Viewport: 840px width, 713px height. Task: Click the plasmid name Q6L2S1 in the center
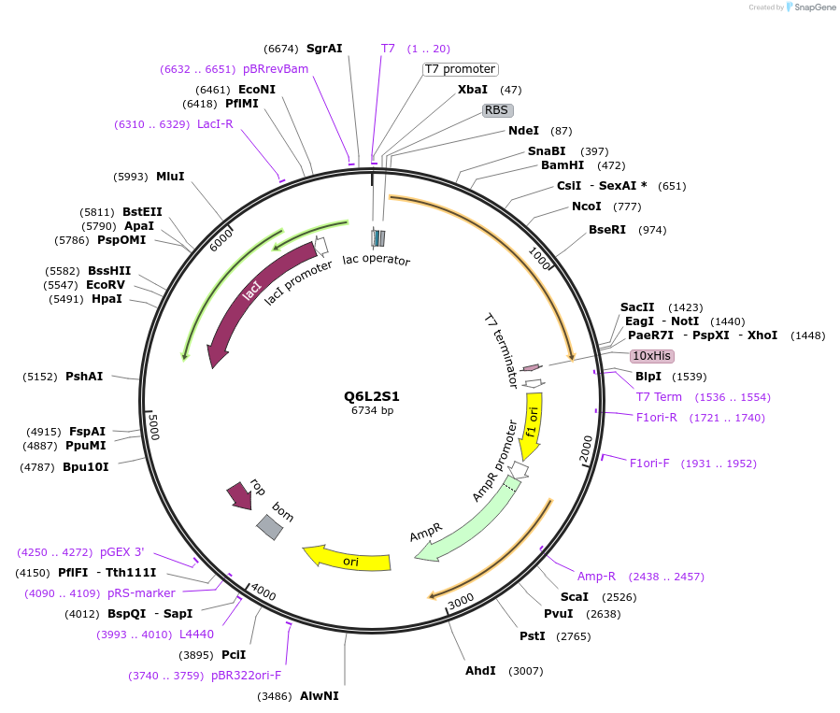tap(372, 396)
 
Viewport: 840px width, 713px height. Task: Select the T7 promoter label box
tap(460, 69)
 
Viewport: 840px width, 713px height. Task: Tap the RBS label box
tap(497, 110)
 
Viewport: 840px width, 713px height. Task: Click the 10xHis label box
tap(651, 356)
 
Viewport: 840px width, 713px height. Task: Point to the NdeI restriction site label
tap(523, 131)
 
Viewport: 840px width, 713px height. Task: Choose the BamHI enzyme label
tap(562, 165)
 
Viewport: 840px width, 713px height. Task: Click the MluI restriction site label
tap(170, 177)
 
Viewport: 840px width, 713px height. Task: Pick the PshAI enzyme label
tap(84, 377)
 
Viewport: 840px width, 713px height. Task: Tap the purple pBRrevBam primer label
tap(276, 69)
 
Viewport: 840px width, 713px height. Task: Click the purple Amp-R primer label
tap(596, 577)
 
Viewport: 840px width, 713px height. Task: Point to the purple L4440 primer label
tap(196, 635)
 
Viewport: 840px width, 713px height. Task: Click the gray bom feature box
tap(270, 527)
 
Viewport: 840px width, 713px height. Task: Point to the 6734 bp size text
tap(372, 410)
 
